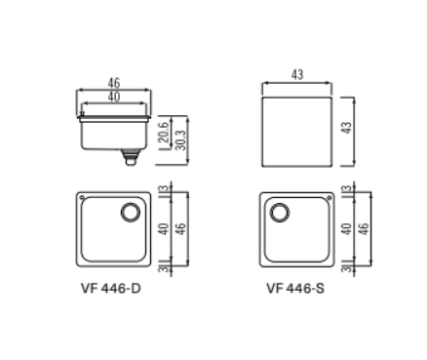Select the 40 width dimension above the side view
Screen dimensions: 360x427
(x=114, y=97)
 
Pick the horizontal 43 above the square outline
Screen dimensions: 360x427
(x=298, y=75)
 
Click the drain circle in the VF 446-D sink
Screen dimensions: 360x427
(x=130, y=212)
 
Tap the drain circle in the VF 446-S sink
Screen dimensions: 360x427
(x=281, y=212)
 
